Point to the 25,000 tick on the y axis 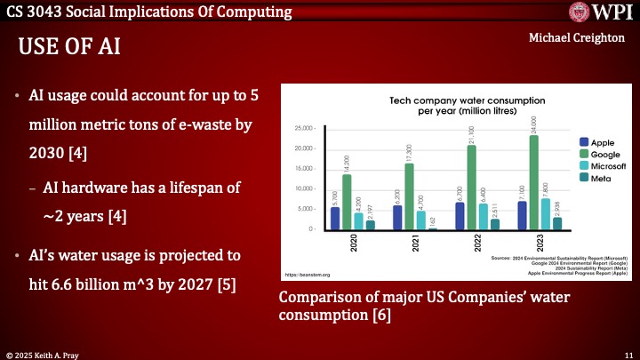(303, 129)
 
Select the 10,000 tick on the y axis (303, 189)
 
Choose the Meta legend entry (599, 178)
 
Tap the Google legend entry (604, 154)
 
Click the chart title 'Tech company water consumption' (459, 102)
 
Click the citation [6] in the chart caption (380, 315)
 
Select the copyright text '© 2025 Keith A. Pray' (47, 353)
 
